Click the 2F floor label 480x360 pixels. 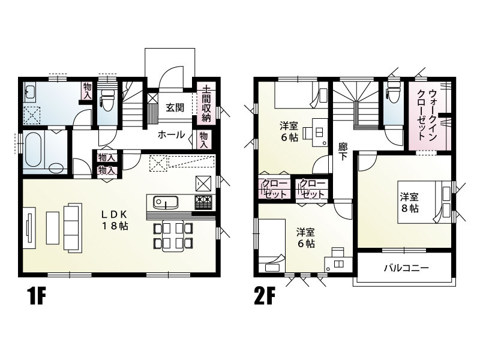pyautogui.click(x=265, y=296)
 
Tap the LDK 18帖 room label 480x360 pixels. pyautogui.click(x=114, y=220)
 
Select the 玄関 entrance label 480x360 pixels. pyautogui.click(x=175, y=108)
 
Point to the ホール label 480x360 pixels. pyautogui.click(x=171, y=135)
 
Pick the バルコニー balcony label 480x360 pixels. pyautogui.click(x=406, y=268)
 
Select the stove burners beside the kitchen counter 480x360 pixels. pyautogui.click(x=203, y=202)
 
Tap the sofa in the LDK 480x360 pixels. pyautogui.click(x=72, y=228)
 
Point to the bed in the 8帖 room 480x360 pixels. pyautogui.click(x=420, y=202)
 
